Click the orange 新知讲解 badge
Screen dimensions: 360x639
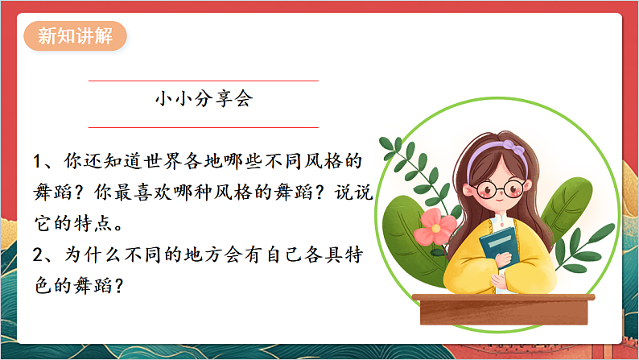[76, 37]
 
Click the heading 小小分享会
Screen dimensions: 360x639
[203, 100]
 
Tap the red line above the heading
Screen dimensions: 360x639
[203, 81]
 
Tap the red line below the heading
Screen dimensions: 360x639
[203, 127]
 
